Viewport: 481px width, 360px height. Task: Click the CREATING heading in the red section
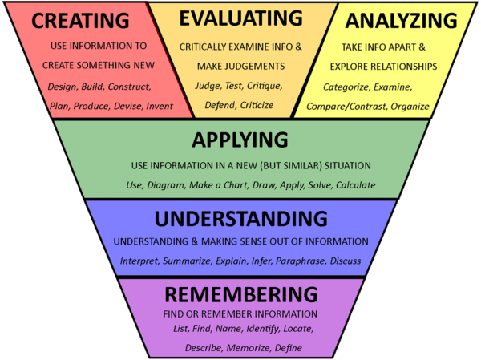pos(81,21)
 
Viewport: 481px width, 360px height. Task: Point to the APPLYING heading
pos(240,140)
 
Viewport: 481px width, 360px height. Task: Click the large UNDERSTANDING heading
pos(240,219)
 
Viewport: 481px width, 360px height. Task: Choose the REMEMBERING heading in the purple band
pos(240,293)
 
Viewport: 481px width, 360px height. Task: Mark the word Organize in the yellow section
pos(429,105)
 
